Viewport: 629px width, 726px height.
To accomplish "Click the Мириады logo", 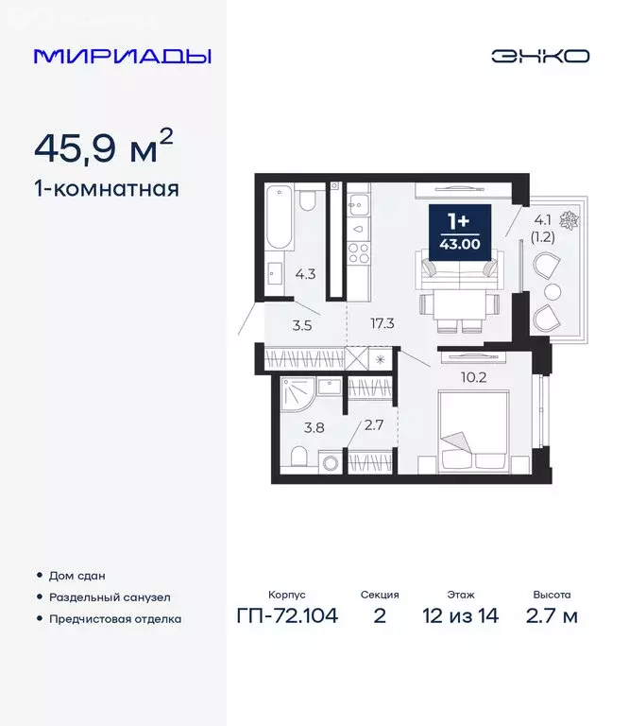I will [122, 56].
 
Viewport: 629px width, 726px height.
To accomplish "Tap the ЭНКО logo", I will [539, 56].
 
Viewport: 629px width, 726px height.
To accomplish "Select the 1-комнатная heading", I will [106, 188].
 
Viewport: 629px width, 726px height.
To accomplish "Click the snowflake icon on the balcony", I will [569, 220].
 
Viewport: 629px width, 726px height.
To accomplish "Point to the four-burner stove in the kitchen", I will [359, 253].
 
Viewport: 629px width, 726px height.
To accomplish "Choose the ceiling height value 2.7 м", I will [552, 616].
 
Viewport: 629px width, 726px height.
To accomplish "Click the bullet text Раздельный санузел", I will [106, 596].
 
